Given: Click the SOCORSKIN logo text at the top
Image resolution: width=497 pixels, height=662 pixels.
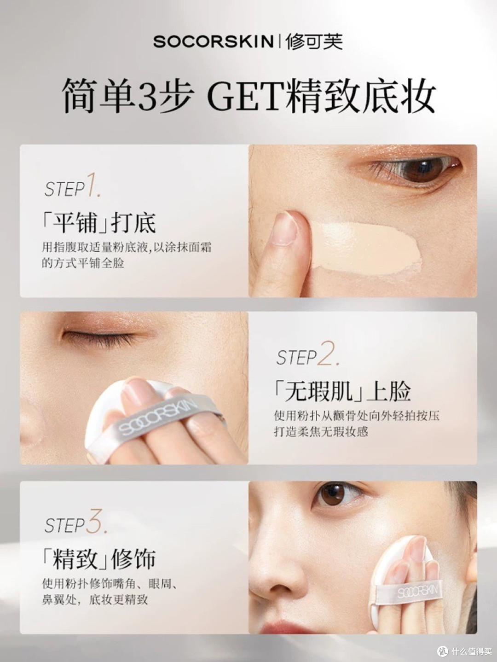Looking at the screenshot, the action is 213,41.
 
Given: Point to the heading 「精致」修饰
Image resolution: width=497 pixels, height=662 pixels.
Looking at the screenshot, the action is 99,558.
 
